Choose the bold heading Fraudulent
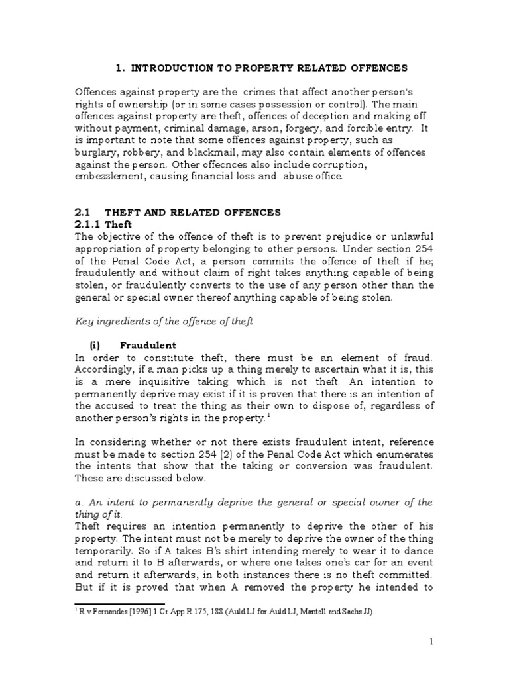pos(148,346)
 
